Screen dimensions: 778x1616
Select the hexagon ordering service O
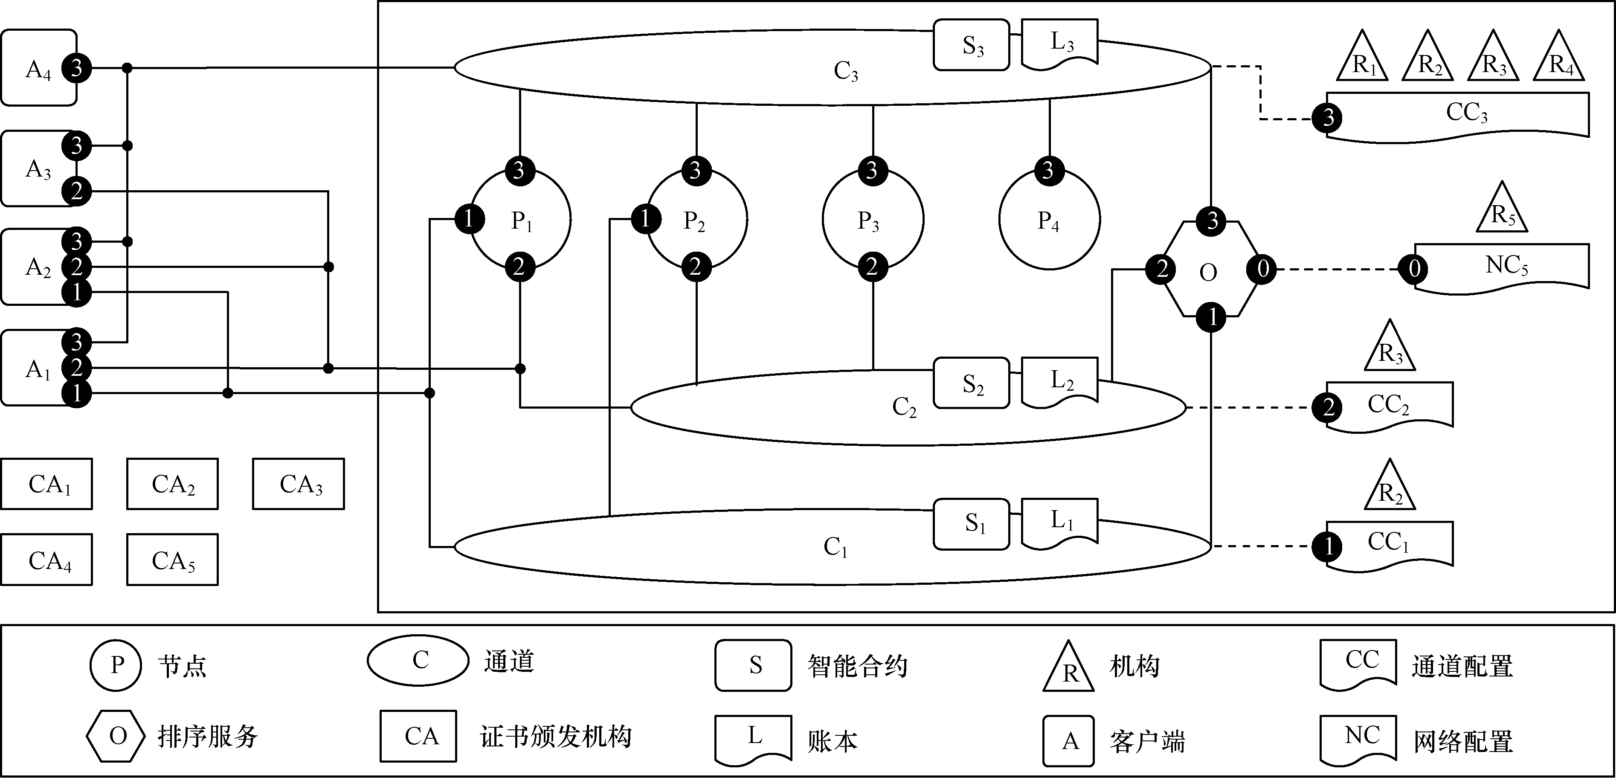(x=1209, y=270)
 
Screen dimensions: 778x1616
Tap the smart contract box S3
(x=971, y=45)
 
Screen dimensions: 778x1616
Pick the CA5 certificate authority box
(x=172, y=560)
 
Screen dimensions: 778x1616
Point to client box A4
(x=38, y=68)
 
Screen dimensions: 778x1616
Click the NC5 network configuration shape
(x=1506, y=266)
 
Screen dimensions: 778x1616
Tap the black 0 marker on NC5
(x=1414, y=269)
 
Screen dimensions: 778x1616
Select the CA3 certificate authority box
(x=299, y=484)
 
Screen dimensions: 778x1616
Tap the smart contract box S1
(x=971, y=524)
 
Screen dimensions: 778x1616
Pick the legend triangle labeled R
(x=1068, y=670)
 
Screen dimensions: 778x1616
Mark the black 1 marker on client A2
(x=76, y=292)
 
